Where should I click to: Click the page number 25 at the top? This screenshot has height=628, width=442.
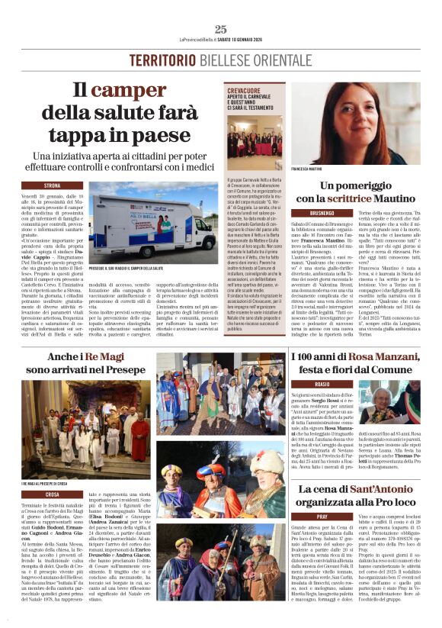point(221,30)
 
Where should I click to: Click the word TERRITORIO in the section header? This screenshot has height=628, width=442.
point(159,61)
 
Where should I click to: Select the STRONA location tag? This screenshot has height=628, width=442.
point(53,185)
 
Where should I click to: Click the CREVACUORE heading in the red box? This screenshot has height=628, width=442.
point(249,90)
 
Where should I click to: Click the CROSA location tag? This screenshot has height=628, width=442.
point(53,494)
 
